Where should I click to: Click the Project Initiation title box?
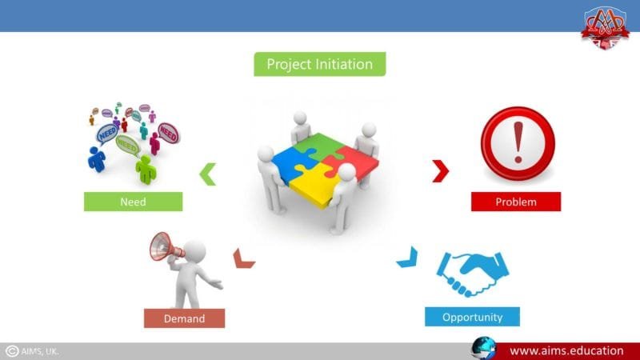coord(319,64)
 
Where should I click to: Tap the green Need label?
coord(133,202)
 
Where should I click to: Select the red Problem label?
coord(515,202)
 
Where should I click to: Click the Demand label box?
coord(184,318)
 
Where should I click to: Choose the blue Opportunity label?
coord(472,317)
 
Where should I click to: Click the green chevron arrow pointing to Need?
coord(208,174)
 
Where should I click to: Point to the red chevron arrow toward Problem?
coord(439,170)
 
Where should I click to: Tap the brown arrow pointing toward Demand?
coord(242,258)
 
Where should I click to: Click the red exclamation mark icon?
coord(517,145)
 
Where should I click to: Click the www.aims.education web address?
coord(566,350)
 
